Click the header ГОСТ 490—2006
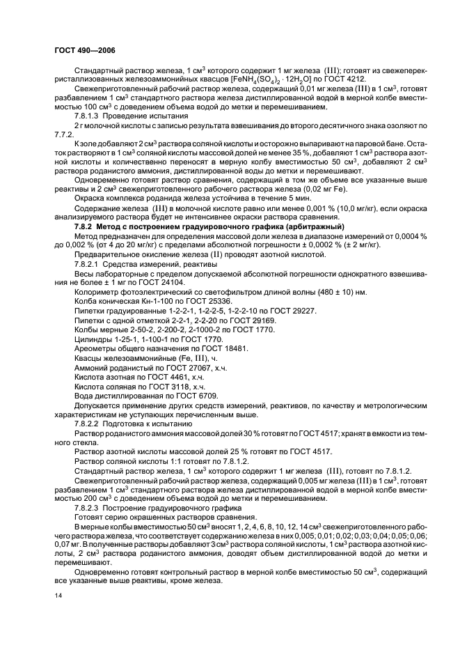81,52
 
